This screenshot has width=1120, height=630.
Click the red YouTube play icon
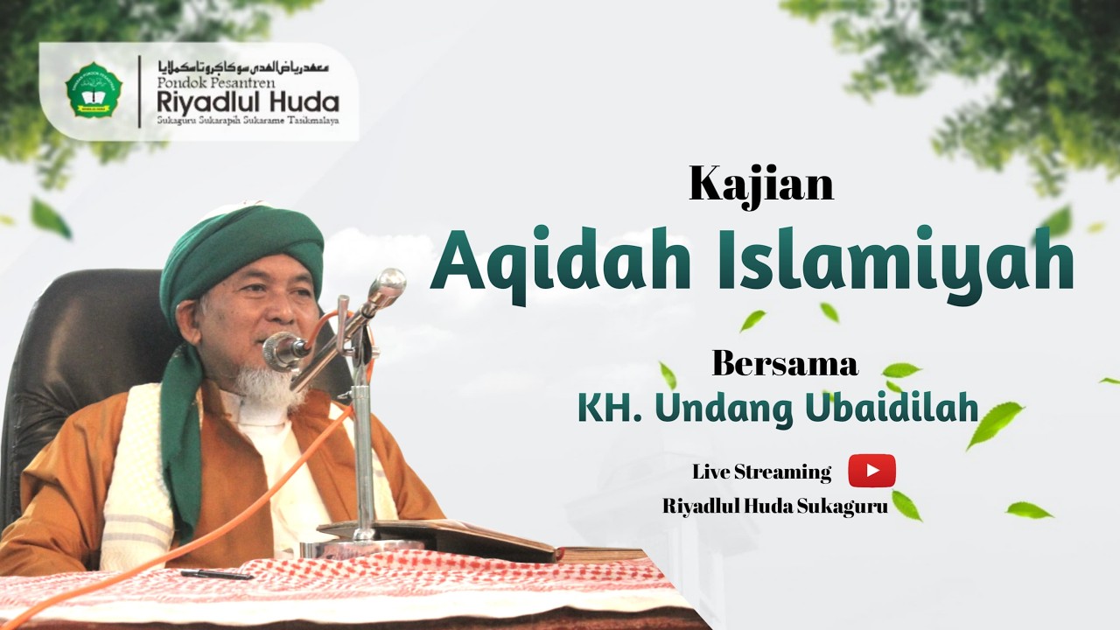[x=871, y=471]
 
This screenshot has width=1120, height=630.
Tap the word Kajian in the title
[x=760, y=183]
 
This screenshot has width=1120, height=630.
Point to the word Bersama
[x=784, y=363]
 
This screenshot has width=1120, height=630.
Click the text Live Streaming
[x=761, y=472]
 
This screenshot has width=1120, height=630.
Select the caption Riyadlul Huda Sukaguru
[x=775, y=506]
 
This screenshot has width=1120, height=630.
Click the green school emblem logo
[x=94, y=90]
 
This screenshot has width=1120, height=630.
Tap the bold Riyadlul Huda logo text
[x=248, y=101]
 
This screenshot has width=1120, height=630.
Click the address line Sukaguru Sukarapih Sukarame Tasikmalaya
[x=248, y=121]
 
